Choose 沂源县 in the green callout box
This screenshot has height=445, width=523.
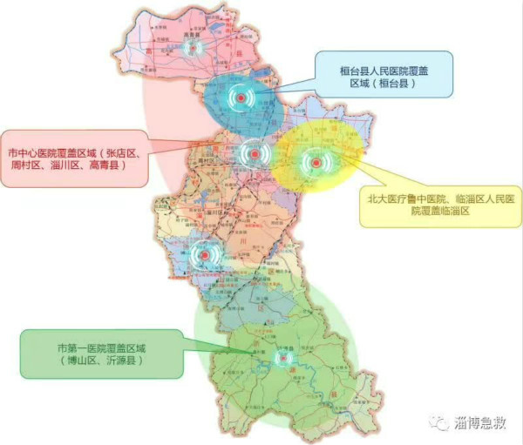coord(125,359)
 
